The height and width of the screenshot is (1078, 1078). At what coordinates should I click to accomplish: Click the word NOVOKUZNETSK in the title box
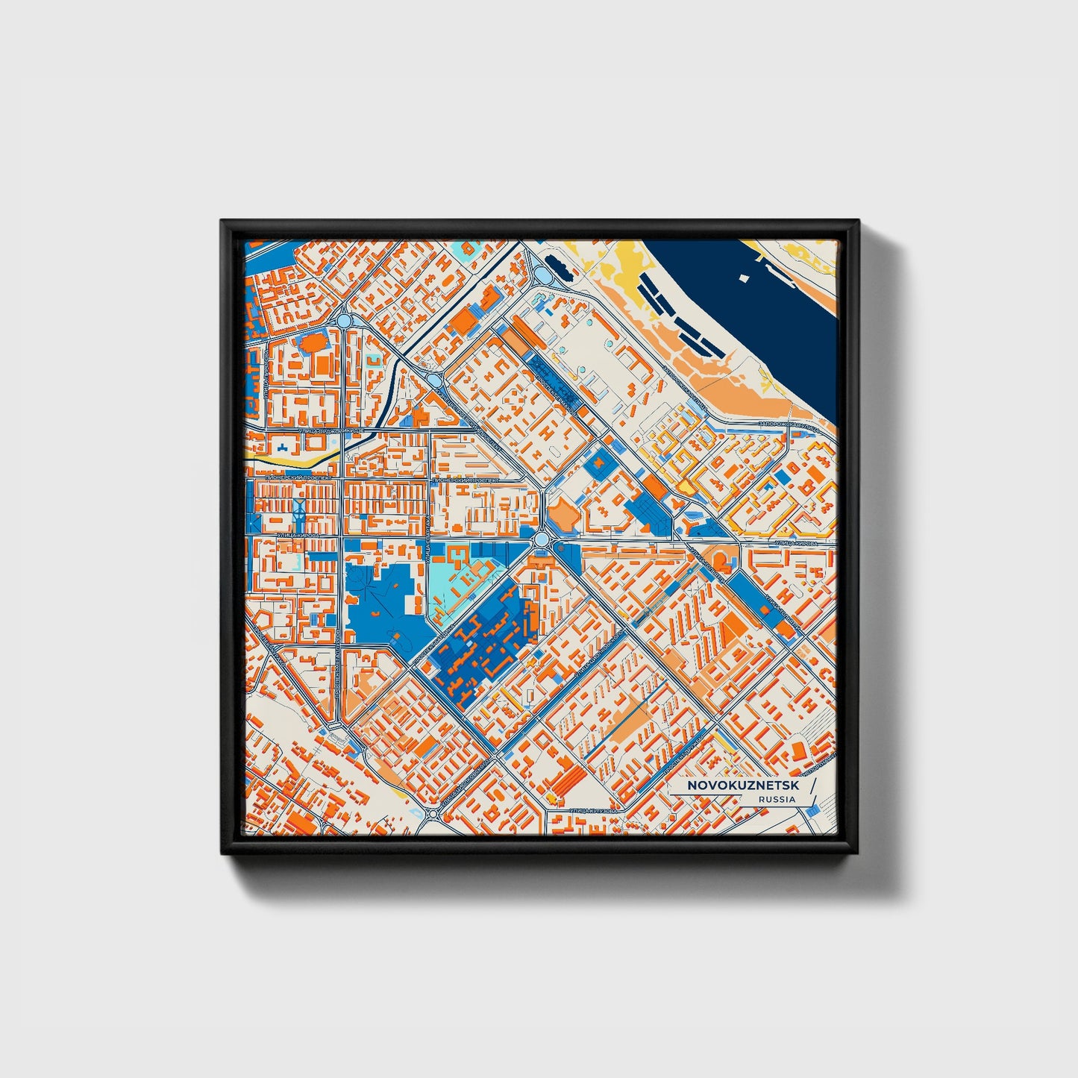742,786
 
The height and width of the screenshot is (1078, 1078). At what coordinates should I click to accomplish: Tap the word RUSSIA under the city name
776,799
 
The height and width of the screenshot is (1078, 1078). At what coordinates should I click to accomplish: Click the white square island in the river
744,278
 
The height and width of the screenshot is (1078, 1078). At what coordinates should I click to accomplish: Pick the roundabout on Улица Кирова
540,539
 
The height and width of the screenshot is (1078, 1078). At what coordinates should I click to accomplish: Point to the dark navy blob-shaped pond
557,263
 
